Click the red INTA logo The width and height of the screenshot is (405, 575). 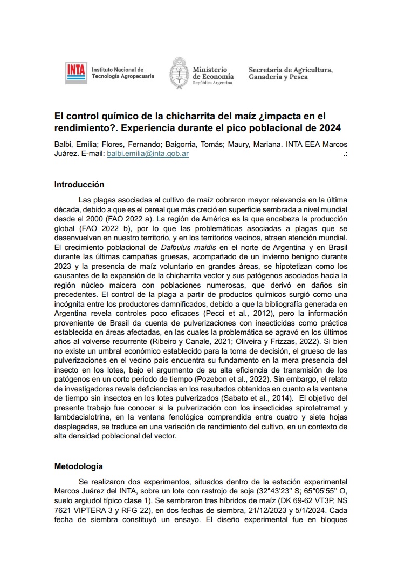(x=76, y=73)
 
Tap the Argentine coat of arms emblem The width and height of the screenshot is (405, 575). (x=179, y=72)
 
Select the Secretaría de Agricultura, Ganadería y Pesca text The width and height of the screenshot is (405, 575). (x=290, y=73)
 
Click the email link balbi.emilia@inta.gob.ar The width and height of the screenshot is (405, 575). (x=148, y=153)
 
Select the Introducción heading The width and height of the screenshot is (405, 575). (x=79, y=185)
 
